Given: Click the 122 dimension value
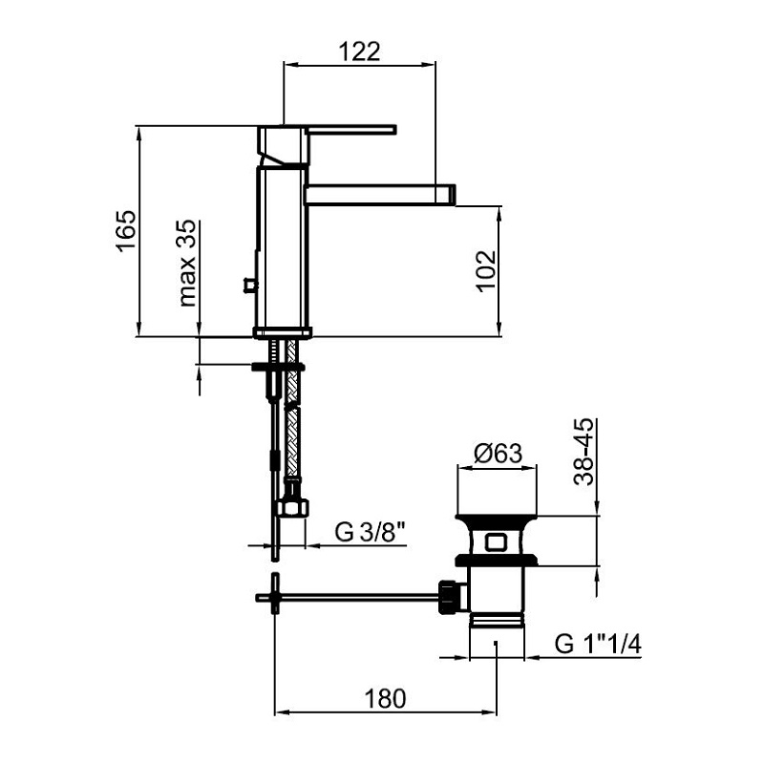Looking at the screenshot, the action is click(359, 52).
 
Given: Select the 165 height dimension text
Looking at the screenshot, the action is click(126, 231).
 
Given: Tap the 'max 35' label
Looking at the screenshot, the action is click(187, 263).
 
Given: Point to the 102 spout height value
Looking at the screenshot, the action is click(486, 271).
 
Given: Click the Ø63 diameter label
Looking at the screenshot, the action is click(498, 453).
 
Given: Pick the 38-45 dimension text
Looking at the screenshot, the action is click(584, 451).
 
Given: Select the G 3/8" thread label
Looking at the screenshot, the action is click(371, 532).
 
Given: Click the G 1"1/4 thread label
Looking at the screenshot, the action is click(598, 644).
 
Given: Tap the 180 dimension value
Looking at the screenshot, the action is click(385, 699).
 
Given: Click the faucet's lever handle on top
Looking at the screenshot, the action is click(350, 130).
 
